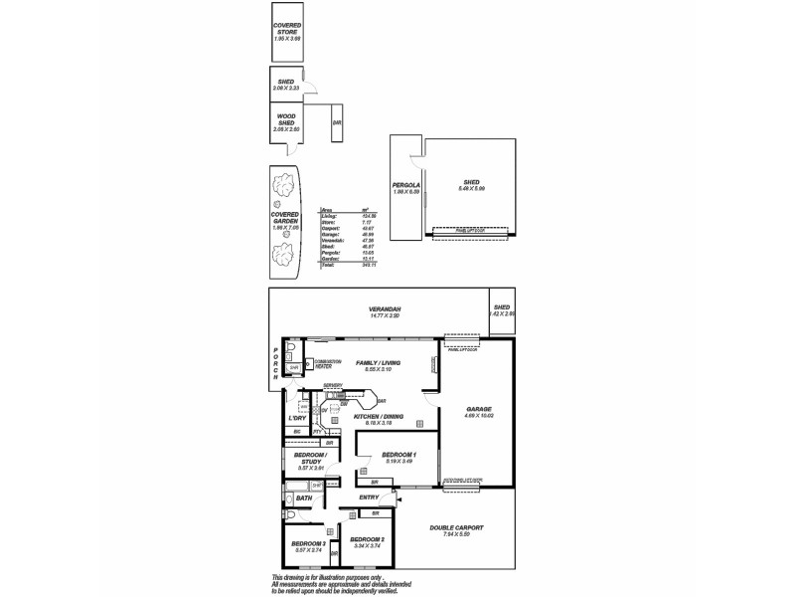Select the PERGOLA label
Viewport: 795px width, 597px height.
(x=405, y=185)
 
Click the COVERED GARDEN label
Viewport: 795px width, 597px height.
(x=285, y=218)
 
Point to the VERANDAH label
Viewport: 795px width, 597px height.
(x=385, y=310)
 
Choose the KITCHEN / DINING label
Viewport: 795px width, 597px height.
(x=379, y=416)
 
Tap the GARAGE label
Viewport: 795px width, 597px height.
(x=479, y=409)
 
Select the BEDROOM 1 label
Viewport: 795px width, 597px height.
(x=398, y=455)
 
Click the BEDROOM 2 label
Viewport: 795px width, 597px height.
(x=368, y=541)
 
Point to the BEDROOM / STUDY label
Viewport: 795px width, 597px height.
(x=309, y=457)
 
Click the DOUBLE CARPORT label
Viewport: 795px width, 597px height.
(x=454, y=528)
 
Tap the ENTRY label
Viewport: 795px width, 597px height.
(x=369, y=497)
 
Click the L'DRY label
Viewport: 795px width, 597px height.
(x=295, y=418)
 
